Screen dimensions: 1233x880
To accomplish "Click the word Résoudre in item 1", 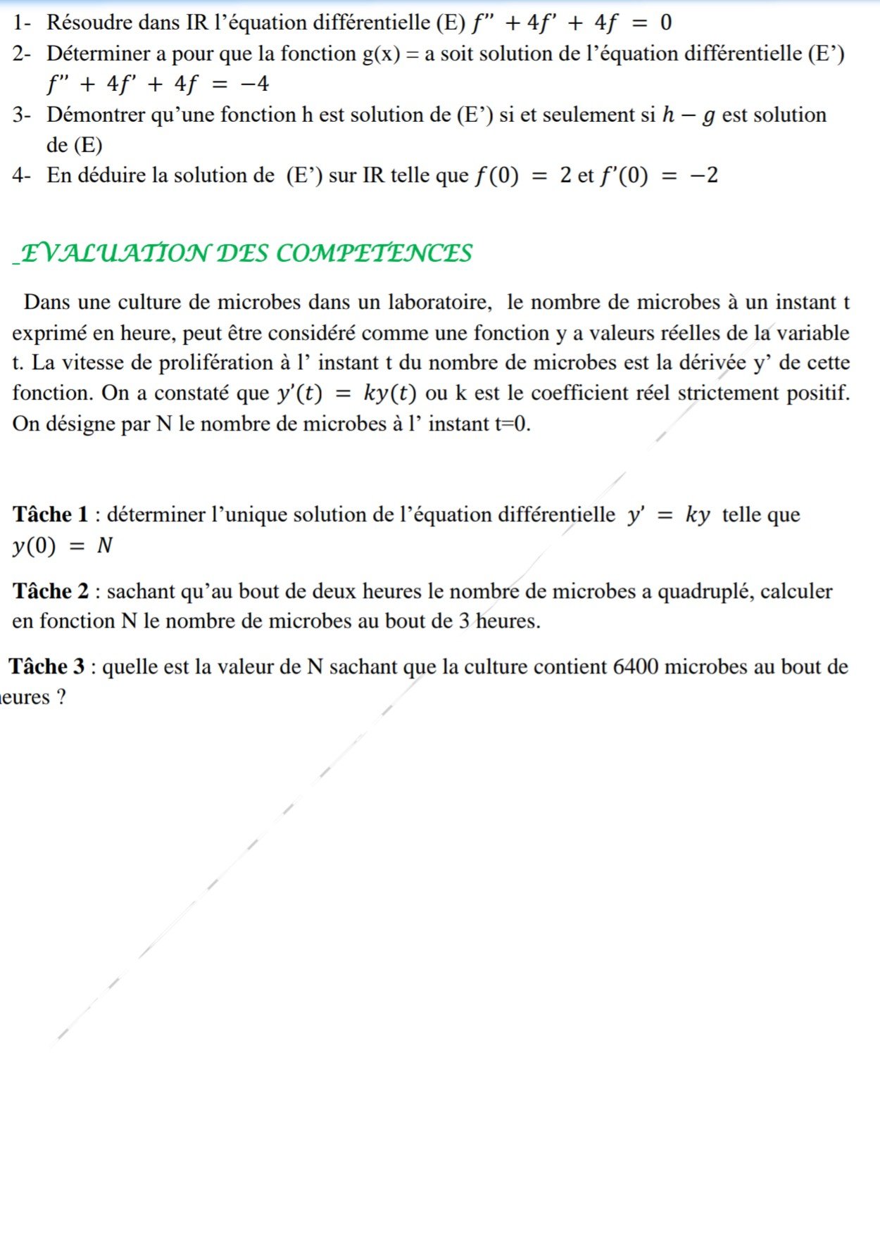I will point(90,23).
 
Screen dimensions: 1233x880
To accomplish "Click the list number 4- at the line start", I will point(21,175).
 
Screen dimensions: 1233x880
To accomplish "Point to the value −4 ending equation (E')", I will point(254,84).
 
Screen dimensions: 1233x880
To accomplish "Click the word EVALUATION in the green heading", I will point(115,253).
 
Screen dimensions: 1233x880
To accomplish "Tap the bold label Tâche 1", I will point(51,515).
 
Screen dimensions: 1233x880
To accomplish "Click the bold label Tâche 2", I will point(51,591).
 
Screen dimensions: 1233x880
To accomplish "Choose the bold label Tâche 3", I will point(47,666).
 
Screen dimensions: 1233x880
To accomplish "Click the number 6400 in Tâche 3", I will point(636,666).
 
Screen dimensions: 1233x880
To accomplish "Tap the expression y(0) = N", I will point(62,546).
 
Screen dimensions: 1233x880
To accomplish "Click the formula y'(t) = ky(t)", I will point(346,393).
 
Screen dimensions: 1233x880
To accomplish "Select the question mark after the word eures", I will point(61,697).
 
